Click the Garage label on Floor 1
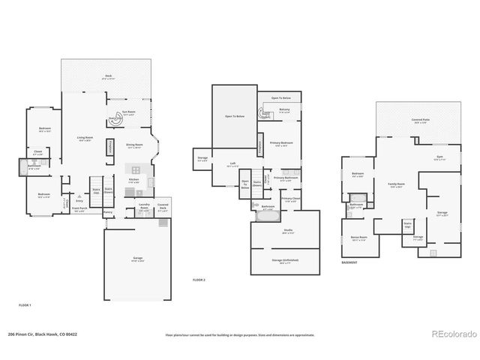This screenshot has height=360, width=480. pos(138,258)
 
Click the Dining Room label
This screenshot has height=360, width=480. pos(135,145)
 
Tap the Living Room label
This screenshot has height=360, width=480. pos(85,138)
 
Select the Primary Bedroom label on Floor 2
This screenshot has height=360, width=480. pos(281,142)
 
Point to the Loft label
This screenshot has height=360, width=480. pos(233,165)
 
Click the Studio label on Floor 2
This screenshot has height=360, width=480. pos(288,231)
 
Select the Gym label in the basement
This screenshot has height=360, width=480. pos(439,157)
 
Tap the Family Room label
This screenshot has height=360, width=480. pos(396,184)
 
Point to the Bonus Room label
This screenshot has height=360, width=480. pos(358,237)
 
